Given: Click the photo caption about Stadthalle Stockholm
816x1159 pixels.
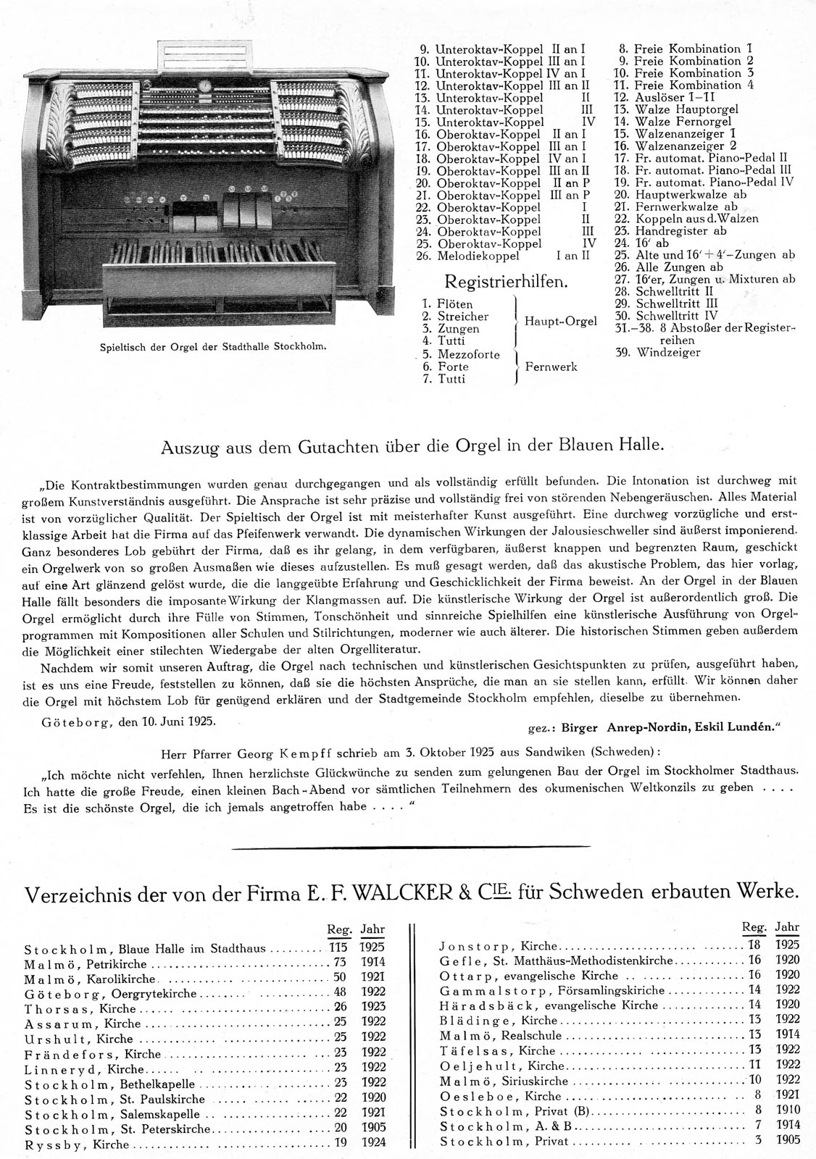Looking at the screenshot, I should pos(212,346).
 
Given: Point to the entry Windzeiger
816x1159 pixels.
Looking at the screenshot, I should pos(668,352).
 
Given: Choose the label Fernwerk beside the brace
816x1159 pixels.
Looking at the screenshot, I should pos(551,367).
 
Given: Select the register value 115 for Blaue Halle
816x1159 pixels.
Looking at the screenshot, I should pos(339,947).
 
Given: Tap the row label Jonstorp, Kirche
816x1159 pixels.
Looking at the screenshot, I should pos(498,946).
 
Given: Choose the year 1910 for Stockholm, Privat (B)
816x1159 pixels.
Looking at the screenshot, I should pos(787,1111).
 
